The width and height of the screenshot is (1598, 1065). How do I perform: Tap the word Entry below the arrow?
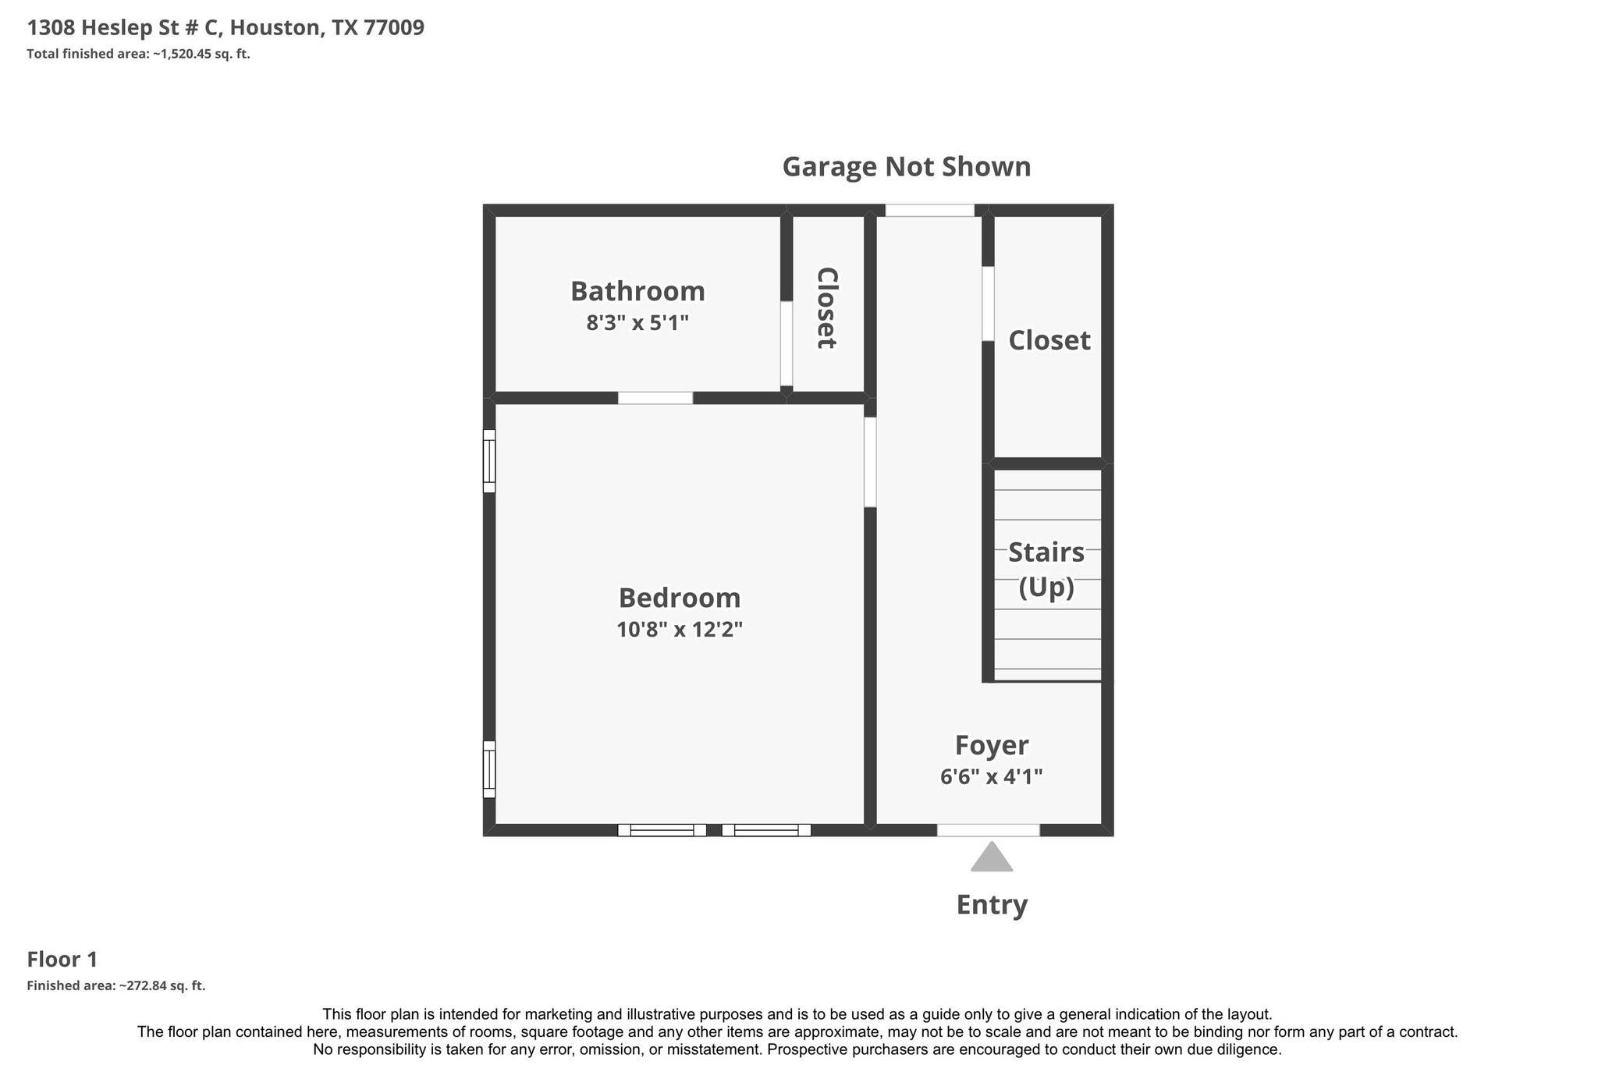[992, 905]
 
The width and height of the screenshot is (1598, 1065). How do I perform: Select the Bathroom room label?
[637, 291]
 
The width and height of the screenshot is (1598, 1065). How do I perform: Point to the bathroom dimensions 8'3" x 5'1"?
[637, 322]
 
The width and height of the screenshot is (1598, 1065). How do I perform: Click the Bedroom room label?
[680, 598]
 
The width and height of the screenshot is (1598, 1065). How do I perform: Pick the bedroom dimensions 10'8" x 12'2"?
[680, 629]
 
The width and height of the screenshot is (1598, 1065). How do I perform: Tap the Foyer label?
[992, 746]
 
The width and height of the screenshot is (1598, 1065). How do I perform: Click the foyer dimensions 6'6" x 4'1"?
[992, 776]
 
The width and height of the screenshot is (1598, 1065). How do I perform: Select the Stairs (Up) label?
[1046, 569]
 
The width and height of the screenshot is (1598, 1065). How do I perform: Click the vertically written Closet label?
[827, 308]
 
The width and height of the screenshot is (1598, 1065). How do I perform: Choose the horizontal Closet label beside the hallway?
[1049, 340]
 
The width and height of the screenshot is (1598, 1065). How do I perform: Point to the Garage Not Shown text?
[907, 166]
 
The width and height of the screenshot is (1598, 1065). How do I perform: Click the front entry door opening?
[989, 830]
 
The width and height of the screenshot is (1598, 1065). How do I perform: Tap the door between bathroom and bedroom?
[655, 398]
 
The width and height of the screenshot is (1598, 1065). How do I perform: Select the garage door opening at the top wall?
[930, 210]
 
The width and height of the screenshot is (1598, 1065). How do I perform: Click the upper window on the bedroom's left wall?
[489, 461]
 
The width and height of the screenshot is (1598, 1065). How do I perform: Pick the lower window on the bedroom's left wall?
[489, 769]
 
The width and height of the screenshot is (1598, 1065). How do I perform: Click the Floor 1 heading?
[62, 960]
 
